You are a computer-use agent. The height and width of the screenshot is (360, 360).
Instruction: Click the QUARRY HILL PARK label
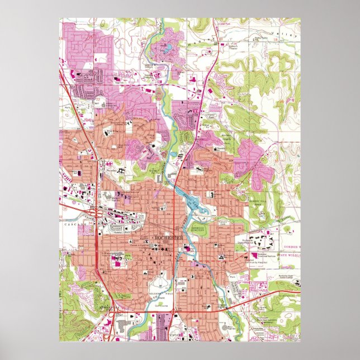pos(257,202)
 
